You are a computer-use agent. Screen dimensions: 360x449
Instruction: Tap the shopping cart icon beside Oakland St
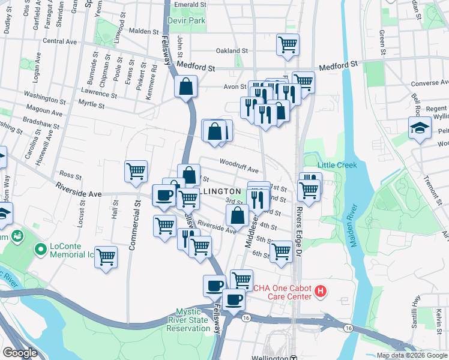288,44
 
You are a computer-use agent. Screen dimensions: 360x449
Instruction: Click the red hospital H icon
321,292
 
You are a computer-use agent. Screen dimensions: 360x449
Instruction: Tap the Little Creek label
337,165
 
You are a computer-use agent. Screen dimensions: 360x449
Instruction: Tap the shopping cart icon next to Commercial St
136,171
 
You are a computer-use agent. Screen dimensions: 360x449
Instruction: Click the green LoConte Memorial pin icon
41,248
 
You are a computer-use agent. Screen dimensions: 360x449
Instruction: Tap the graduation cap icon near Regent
420,128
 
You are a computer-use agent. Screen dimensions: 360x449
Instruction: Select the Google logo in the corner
20,353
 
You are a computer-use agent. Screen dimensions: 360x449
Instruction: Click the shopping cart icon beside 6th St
280,252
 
